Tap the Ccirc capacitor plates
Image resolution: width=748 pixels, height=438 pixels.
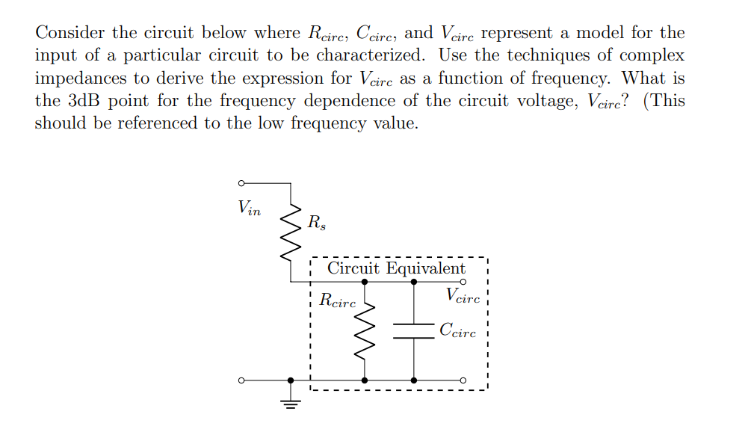point(413,331)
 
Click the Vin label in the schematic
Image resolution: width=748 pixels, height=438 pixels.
point(249,207)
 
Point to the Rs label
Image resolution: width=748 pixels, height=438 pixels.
point(316,222)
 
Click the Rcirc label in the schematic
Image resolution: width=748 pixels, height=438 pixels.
point(338,301)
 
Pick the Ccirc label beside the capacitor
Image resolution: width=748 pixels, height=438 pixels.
point(457,330)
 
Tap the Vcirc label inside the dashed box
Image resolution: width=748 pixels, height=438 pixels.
point(463,295)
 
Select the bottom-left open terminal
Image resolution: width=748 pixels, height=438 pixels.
point(241,380)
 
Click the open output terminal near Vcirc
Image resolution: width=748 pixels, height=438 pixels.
point(463,282)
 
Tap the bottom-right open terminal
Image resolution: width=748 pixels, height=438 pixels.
point(463,380)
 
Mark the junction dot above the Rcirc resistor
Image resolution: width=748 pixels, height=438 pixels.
point(365,282)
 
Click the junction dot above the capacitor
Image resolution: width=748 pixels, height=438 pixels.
point(413,282)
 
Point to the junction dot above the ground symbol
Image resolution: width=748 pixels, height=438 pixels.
point(291,380)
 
